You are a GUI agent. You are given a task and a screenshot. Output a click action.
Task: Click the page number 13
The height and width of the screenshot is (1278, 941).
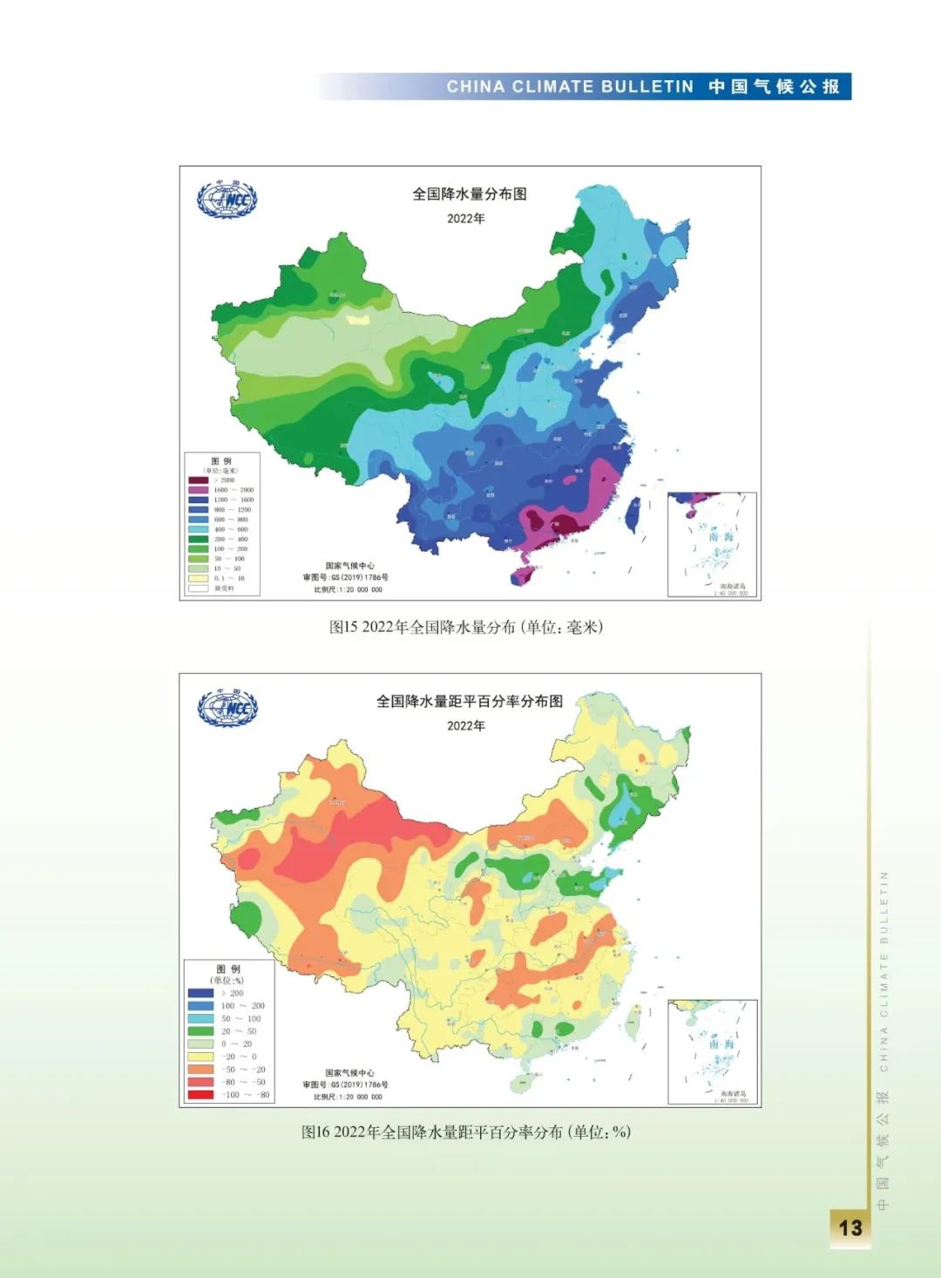coord(850,1227)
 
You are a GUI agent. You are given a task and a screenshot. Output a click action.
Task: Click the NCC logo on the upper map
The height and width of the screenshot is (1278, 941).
coord(227,200)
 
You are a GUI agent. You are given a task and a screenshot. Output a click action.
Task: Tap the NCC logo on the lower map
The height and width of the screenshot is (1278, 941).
coord(227,707)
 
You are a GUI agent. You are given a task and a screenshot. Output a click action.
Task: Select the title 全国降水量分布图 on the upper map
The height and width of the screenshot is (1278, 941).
coord(469,194)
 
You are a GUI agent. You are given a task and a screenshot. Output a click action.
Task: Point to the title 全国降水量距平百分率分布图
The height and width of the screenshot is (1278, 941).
coord(469,701)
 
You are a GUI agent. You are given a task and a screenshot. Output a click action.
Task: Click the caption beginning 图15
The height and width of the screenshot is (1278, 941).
coord(466,627)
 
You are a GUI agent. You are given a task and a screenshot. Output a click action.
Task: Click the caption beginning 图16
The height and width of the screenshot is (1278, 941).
coord(466,1132)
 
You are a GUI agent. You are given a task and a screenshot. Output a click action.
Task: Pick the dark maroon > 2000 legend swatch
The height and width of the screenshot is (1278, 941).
coord(199,480)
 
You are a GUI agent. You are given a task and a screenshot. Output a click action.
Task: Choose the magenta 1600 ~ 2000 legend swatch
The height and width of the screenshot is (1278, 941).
coord(199,490)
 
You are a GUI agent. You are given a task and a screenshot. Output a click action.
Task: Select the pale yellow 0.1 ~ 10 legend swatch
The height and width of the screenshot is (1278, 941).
coord(199,578)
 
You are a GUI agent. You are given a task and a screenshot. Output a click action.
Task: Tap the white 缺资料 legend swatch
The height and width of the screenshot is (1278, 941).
coord(199,588)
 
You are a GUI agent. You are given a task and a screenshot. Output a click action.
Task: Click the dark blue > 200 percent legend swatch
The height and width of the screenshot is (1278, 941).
coord(200,993)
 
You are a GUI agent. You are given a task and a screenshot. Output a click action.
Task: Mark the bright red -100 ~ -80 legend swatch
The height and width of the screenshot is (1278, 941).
coord(200,1095)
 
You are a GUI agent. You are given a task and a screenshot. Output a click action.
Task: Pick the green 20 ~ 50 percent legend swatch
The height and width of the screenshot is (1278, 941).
coord(200,1031)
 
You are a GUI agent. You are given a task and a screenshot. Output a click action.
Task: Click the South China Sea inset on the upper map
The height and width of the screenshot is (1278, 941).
coord(712,544)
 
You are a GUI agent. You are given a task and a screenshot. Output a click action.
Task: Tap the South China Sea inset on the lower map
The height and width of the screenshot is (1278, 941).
coord(712,1051)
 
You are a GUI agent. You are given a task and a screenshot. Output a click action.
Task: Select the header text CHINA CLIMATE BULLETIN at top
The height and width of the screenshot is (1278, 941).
coord(570,86)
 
